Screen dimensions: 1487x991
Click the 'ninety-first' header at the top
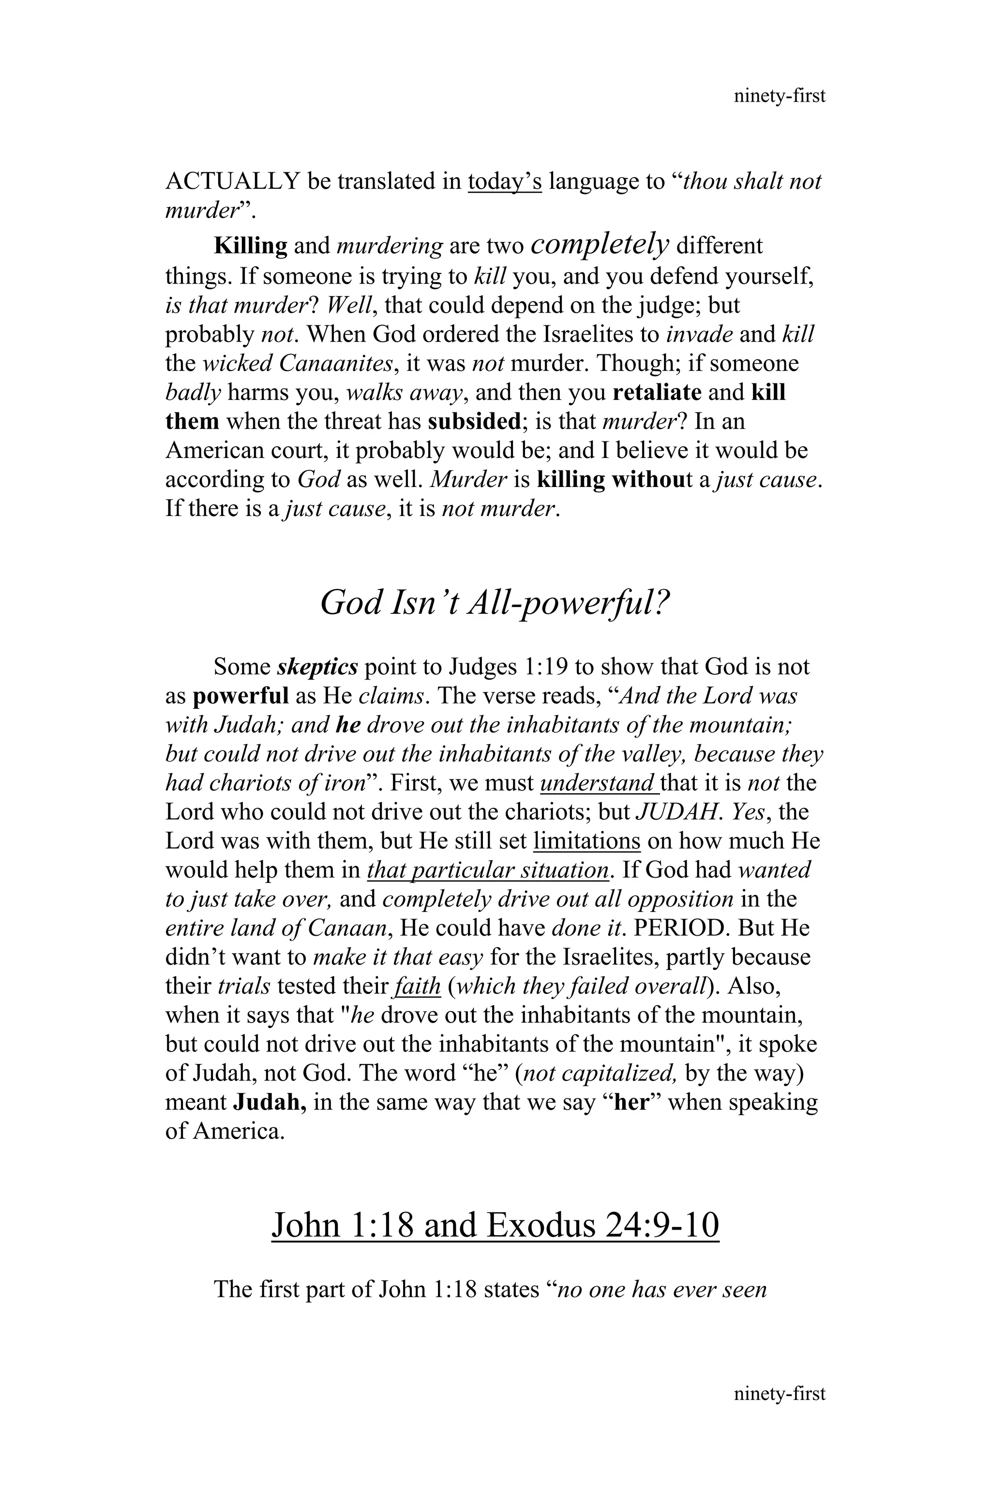coord(779,96)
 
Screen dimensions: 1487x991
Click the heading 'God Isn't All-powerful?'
coord(495,603)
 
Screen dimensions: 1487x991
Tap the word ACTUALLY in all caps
coord(232,182)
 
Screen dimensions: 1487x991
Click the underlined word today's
coord(504,182)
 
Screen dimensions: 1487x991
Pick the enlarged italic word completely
coord(600,243)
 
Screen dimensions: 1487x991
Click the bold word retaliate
coord(657,393)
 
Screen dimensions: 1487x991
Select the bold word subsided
coord(473,422)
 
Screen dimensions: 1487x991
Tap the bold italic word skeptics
coord(318,667)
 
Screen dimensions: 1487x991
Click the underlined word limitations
coord(587,841)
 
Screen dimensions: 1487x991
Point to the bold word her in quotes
coord(632,1103)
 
